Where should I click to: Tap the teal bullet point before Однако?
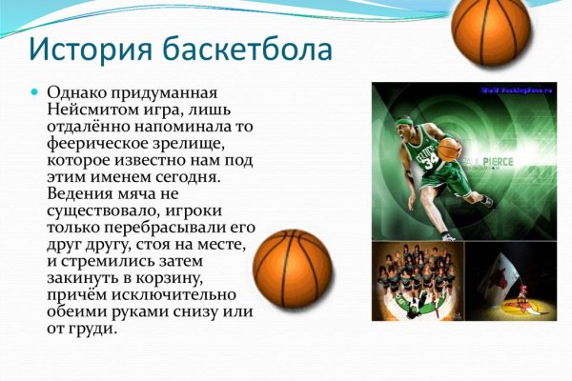[x=35, y=93]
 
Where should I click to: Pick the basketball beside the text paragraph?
[x=294, y=269]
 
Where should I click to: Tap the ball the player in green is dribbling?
[x=448, y=150]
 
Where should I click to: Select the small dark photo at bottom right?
[x=510, y=281]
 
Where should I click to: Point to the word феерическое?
[x=99, y=143]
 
